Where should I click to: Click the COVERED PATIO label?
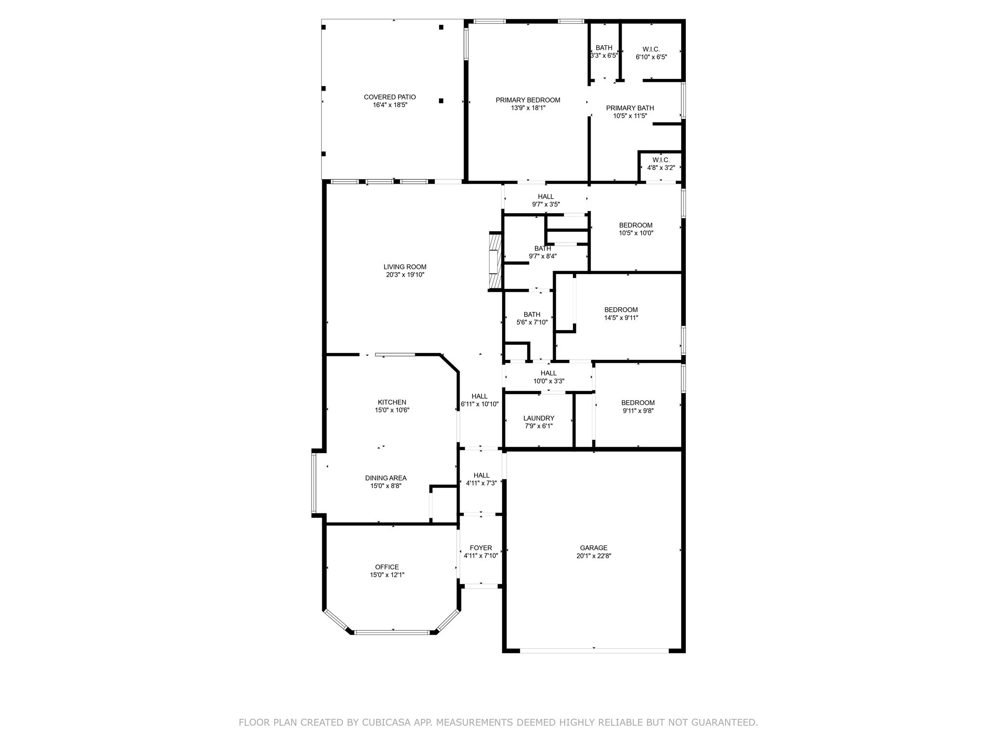pos(389,97)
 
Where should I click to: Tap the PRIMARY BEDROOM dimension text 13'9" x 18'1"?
pos(528,108)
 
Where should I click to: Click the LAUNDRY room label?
pos(538,418)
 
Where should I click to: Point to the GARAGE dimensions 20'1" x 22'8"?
pos(593,556)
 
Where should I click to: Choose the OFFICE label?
pos(387,567)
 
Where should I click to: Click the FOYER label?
pos(480,548)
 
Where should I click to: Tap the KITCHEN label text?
pos(392,402)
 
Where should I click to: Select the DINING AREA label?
pos(386,478)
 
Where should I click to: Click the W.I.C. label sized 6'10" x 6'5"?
pos(651,49)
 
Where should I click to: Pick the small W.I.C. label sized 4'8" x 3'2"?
pos(661,160)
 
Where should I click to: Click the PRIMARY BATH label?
pos(629,108)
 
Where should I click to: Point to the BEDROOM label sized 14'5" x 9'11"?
pos(621,310)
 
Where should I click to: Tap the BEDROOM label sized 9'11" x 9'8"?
pos(638,403)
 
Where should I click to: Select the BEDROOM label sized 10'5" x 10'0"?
pos(635,225)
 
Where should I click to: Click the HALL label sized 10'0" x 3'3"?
pos(548,374)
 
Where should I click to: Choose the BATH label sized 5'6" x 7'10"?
pos(532,315)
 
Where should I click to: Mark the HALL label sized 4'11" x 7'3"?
pos(481,475)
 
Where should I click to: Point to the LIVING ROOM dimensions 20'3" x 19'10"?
pos(405,275)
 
